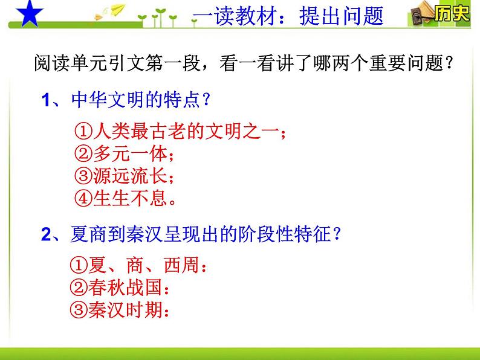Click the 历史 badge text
click(x=452, y=14)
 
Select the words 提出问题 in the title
click(x=341, y=16)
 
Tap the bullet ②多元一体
click(x=126, y=154)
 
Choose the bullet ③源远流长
click(x=126, y=176)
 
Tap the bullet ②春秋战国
click(x=118, y=288)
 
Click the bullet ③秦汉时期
click(x=118, y=309)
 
